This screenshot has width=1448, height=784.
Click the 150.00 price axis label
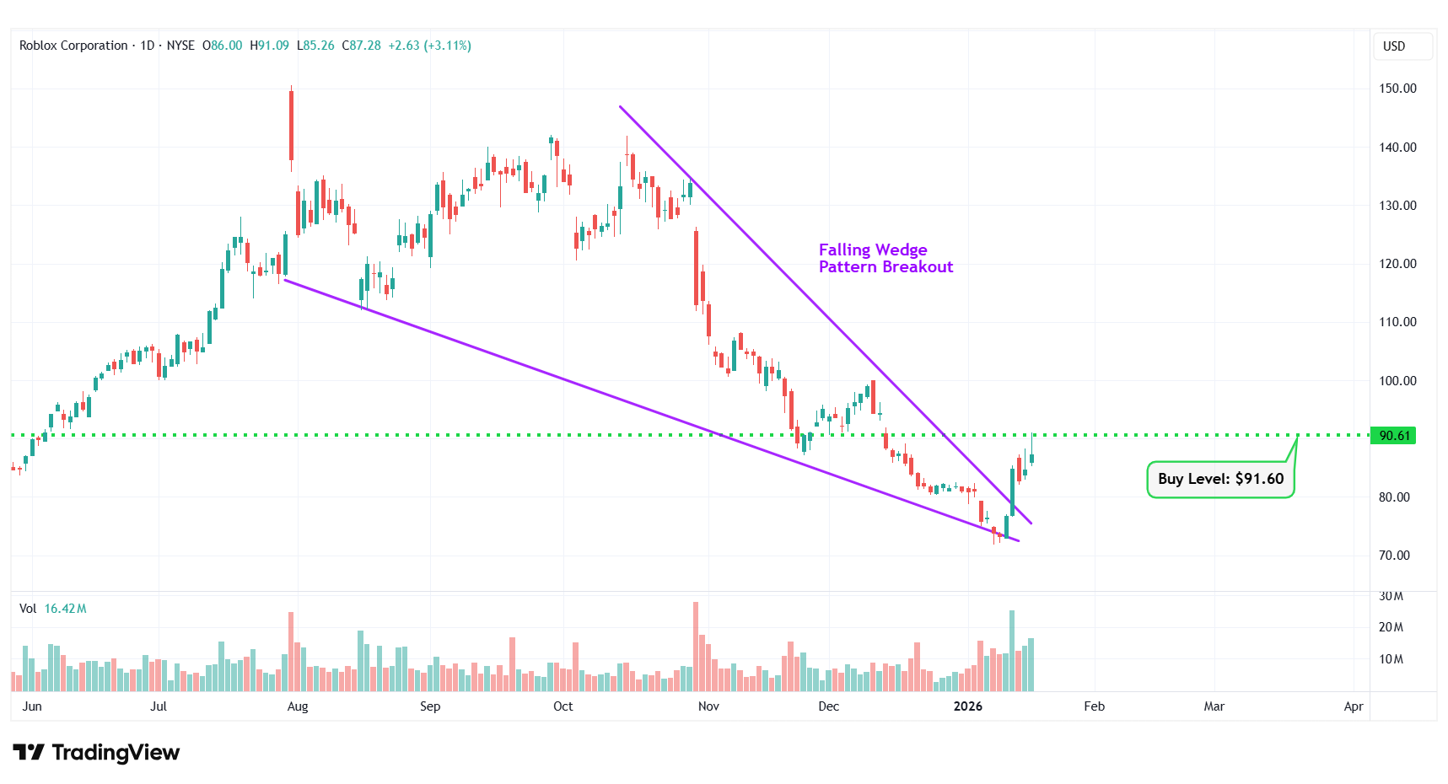click(x=1397, y=89)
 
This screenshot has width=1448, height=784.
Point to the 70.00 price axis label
click(x=1394, y=556)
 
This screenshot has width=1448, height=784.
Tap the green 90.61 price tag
click(x=1393, y=436)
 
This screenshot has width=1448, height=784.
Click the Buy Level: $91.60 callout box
click(x=1220, y=479)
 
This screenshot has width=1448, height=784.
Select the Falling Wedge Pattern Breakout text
click(x=885, y=259)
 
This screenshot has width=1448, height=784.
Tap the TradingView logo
click(x=96, y=752)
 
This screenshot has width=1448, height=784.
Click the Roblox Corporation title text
click(x=73, y=46)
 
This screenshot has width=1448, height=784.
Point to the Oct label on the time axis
click(x=563, y=706)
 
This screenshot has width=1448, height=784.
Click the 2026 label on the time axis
click(x=967, y=706)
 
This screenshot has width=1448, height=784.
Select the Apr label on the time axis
click(x=1353, y=706)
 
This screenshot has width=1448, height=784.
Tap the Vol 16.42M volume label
click(x=53, y=609)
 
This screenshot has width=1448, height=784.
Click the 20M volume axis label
click(x=1391, y=627)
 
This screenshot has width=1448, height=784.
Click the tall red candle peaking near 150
click(x=291, y=125)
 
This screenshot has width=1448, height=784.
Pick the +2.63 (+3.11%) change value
click(x=429, y=46)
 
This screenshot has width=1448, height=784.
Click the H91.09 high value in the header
click(x=269, y=46)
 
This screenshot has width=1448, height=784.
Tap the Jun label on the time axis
click(x=32, y=706)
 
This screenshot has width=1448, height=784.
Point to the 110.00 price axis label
click(x=1397, y=322)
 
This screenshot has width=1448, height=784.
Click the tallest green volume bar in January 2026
click(x=1012, y=651)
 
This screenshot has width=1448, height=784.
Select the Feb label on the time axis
click(x=1094, y=706)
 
